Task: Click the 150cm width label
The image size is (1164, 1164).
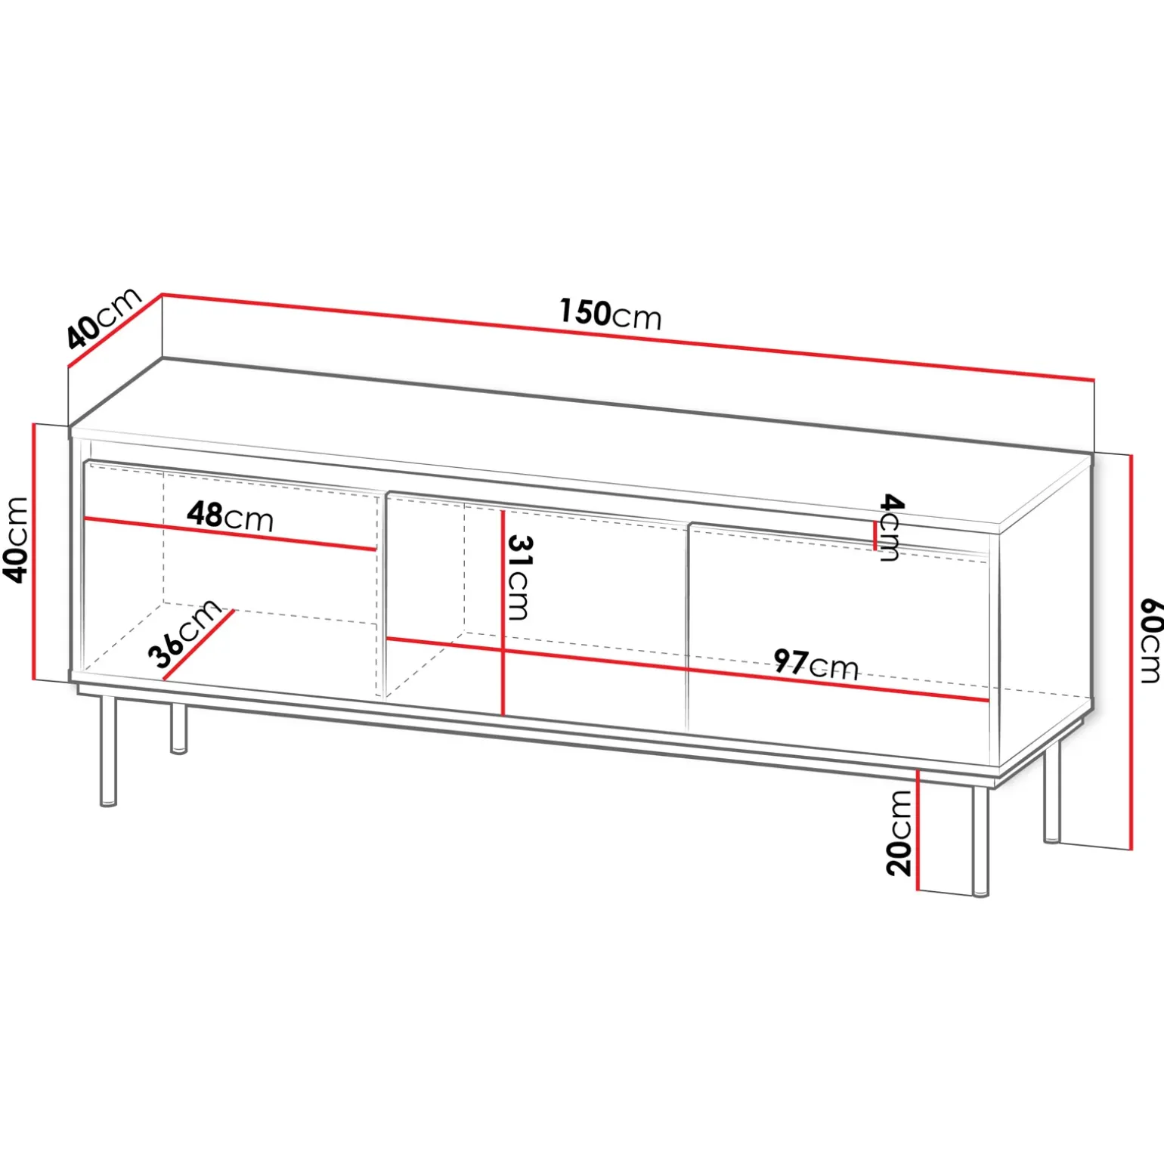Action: pyautogui.click(x=610, y=314)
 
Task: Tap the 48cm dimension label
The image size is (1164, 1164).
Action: pyautogui.click(x=230, y=516)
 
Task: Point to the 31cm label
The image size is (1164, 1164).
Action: pyautogui.click(x=519, y=577)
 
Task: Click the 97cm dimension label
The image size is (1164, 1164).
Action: pyautogui.click(x=816, y=664)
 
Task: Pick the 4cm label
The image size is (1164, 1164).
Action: pyautogui.click(x=890, y=528)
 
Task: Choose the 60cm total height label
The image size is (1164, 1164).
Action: pyautogui.click(x=1150, y=640)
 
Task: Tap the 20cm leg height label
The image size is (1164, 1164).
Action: pyautogui.click(x=899, y=833)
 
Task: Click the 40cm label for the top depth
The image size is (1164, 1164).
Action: pyautogui.click(x=104, y=317)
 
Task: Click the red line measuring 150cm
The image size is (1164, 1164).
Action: pyautogui.click(x=628, y=337)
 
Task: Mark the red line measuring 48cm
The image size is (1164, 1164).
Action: pyautogui.click(x=231, y=534)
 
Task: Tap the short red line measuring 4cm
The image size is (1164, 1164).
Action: pyautogui.click(x=875, y=535)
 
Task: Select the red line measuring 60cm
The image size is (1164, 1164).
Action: pyautogui.click(x=1131, y=652)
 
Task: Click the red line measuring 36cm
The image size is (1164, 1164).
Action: pyautogui.click(x=198, y=645)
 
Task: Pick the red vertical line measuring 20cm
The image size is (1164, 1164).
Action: pyautogui.click(x=917, y=830)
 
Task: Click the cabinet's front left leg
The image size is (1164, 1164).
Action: pyautogui.click(x=109, y=751)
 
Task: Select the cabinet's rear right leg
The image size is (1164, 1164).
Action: pyautogui.click(x=1052, y=791)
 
